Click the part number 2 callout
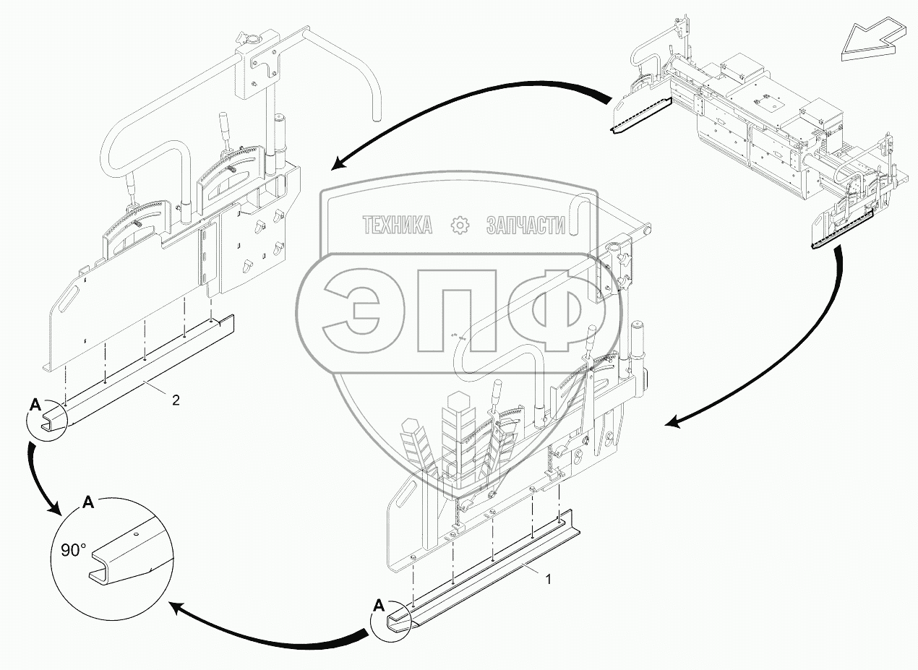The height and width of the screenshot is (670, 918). click(x=176, y=398)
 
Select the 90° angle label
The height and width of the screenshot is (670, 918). click(x=74, y=550)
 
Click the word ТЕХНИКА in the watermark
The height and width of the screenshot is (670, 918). click(x=397, y=226)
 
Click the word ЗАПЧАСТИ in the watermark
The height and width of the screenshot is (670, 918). click(x=526, y=226)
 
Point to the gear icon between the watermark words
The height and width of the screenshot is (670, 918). click(x=460, y=226)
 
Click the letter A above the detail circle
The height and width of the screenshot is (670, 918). click(x=88, y=502)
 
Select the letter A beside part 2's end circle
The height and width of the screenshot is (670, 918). click(x=35, y=405)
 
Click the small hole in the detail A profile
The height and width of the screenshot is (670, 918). click(x=135, y=536)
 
